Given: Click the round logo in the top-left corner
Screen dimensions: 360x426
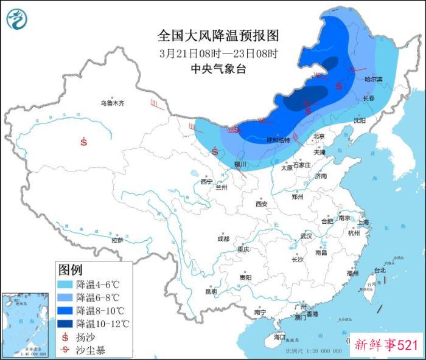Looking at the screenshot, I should coord(17,19).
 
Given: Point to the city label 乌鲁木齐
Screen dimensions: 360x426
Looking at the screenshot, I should coord(112,103).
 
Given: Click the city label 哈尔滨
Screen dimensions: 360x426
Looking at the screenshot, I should coord(373,79).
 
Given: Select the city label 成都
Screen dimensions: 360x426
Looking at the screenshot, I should coord(223,239).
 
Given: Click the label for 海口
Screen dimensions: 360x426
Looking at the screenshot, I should coord(279,337).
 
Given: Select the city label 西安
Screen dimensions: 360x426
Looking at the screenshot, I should coord(262,204).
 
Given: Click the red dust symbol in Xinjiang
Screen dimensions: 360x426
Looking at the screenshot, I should coord(84,142).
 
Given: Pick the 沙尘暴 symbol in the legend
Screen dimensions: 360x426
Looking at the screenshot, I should coord(65,349).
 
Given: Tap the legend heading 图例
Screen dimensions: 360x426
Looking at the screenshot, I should coord(70,269).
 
